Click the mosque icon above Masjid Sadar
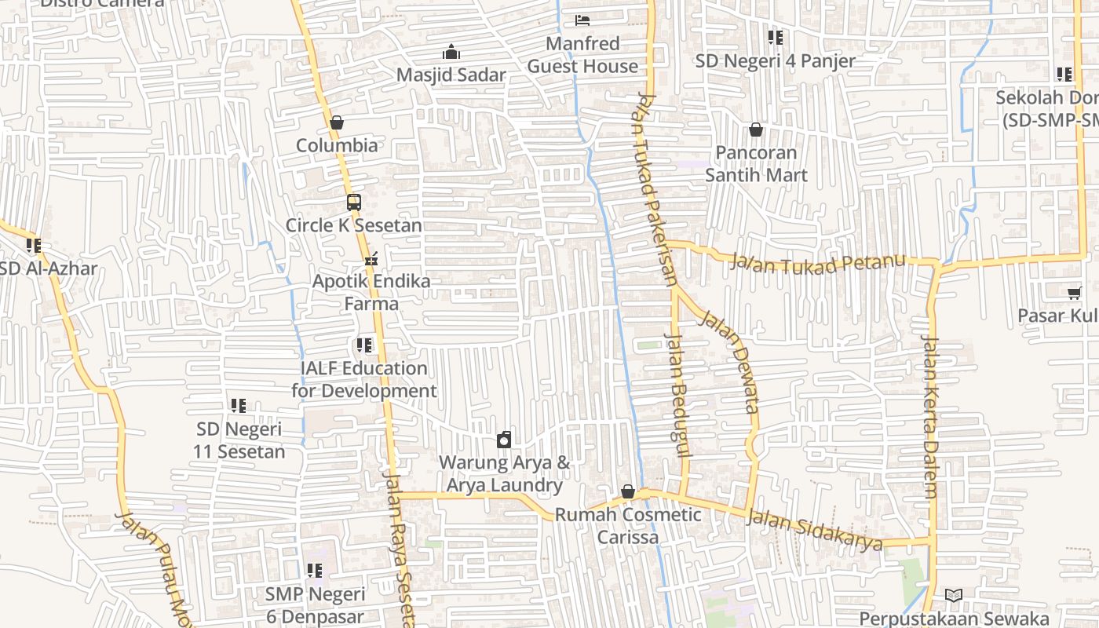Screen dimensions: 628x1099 tap(451, 53)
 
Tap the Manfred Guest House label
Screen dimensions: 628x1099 tap(582, 55)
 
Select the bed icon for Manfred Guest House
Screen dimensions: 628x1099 tap(582, 20)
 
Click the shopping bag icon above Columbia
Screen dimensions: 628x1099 tap(337, 122)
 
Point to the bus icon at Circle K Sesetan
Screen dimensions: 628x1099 tap(354, 203)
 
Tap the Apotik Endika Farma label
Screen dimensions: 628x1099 tap(371, 292)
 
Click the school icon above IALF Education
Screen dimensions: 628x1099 tap(364, 345)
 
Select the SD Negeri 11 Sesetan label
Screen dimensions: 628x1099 tap(239, 440)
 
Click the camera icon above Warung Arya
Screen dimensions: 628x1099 tap(504, 440)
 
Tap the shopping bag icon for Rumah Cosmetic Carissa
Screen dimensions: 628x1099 tap(628, 492)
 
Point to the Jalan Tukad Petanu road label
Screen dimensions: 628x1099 tap(817, 263)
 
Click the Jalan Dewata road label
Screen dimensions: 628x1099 tap(730, 362)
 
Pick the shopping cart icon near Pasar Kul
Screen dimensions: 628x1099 tap(1074, 293)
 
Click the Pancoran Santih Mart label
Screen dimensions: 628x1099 tap(756, 163)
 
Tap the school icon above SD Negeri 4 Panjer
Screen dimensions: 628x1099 tap(776, 38)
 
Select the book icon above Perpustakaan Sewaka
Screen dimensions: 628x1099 tap(954, 596)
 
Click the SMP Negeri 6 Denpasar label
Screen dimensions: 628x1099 tap(315, 605)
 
